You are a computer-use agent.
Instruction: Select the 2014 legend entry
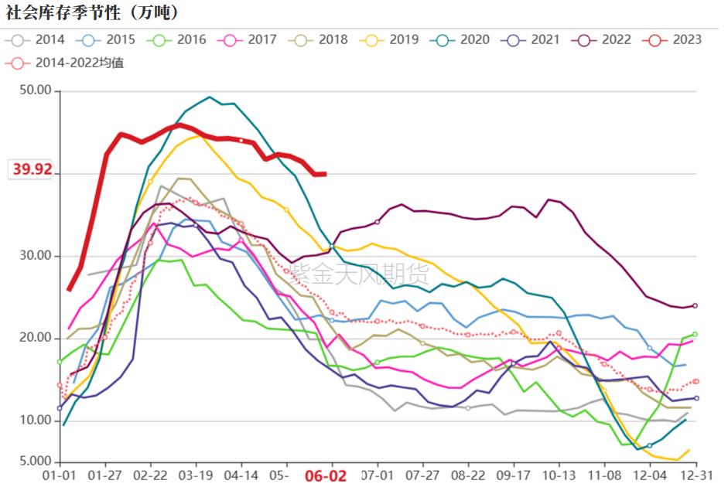[39, 39]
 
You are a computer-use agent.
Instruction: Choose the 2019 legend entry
[393, 39]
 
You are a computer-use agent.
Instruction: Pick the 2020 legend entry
[463, 39]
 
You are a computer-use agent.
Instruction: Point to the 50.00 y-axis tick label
[35, 91]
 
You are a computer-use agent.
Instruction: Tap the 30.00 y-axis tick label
[35, 256]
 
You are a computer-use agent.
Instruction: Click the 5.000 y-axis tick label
[35, 462]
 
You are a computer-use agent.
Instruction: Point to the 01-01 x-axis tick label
[60, 475]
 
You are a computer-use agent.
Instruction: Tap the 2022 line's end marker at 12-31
[696, 305]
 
